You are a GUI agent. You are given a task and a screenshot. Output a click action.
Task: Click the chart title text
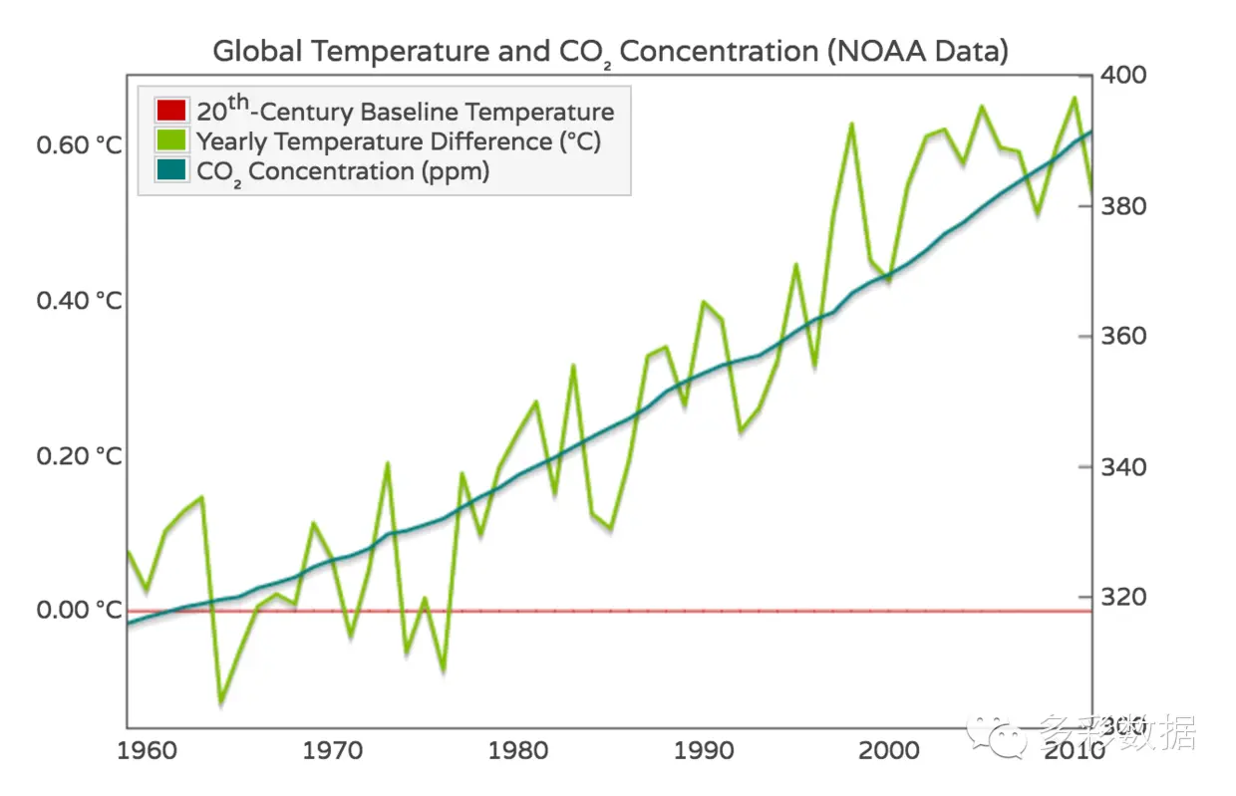610,52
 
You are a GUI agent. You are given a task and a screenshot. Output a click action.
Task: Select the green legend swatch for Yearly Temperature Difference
172,141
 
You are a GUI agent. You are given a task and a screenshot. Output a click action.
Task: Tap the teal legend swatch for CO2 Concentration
172,170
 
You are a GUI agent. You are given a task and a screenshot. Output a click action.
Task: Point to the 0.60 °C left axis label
80,145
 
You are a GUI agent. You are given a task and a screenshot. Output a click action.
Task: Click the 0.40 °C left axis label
80,300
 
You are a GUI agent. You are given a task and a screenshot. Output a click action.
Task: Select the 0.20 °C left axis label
80,455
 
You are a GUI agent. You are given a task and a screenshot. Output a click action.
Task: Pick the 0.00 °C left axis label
80,610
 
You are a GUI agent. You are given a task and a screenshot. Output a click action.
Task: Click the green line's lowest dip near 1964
221,701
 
